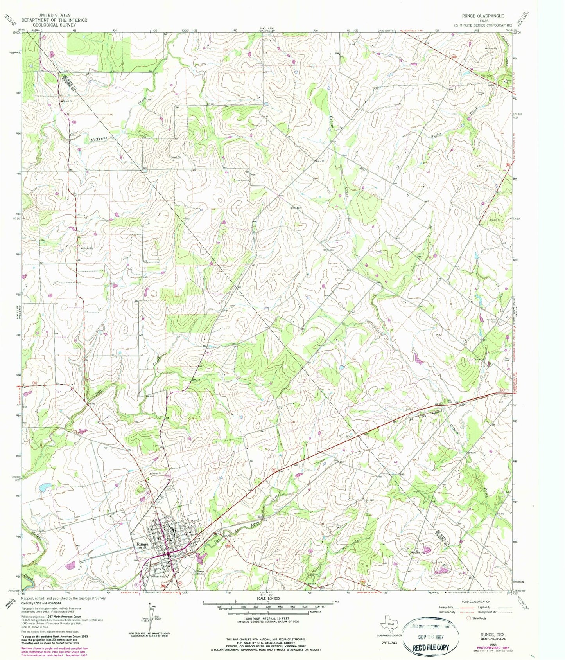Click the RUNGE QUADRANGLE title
click(484, 16)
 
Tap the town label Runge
click(142, 544)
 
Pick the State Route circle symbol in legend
click(469, 618)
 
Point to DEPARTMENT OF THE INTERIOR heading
click(54, 20)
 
